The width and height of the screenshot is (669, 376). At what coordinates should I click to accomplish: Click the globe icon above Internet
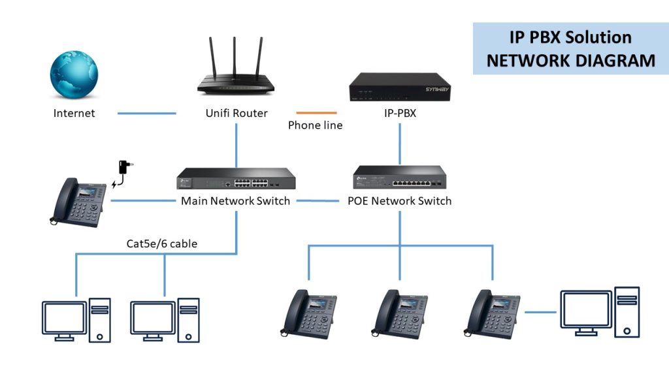(x=74, y=77)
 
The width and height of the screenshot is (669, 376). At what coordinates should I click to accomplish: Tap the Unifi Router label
(x=237, y=113)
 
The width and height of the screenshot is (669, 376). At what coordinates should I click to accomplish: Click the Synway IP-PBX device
(x=400, y=87)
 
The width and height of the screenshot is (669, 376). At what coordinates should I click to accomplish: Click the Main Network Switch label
(x=235, y=200)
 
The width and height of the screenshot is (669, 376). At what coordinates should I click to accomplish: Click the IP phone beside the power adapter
(x=77, y=202)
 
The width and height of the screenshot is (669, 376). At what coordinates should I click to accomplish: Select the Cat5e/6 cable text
(x=162, y=244)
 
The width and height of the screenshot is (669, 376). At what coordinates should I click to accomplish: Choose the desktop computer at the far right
(x=599, y=313)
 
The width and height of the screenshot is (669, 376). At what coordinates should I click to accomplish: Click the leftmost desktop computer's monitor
(x=64, y=318)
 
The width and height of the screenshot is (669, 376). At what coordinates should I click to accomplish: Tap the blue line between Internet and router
(x=147, y=114)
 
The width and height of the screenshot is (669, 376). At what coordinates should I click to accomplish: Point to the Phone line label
(x=316, y=125)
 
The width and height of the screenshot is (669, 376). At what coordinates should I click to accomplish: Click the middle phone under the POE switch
(x=400, y=313)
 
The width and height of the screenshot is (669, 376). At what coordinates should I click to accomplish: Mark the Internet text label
(x=74, y=113)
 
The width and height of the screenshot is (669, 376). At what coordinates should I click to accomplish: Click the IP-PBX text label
(x=400, y=113)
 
